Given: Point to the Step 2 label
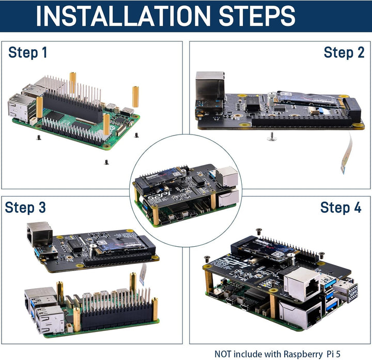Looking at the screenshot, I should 344,52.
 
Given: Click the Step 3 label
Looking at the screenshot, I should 25,207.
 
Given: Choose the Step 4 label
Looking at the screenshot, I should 340,207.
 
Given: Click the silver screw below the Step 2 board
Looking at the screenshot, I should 270,137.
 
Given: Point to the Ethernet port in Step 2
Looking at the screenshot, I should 209,86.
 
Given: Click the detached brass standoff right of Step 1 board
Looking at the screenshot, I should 136,96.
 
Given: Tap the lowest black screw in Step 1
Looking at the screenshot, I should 106,161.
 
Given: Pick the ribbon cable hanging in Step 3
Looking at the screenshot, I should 142,271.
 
